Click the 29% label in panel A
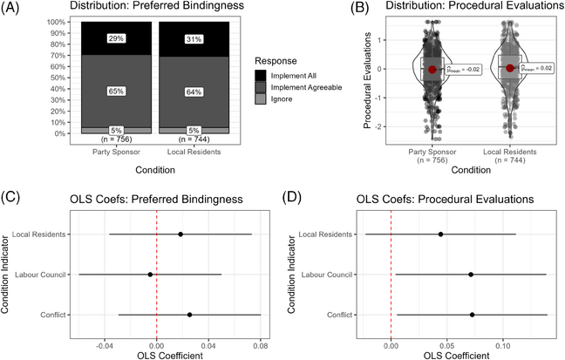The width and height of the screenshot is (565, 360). point(115,39)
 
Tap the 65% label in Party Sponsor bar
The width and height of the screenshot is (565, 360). point(115,90)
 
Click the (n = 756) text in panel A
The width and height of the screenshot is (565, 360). point(115,139)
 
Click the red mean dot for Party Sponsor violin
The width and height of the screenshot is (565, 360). point(432,70)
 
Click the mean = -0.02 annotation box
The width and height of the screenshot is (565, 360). point(462,71)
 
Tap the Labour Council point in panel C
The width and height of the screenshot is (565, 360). point(150,275)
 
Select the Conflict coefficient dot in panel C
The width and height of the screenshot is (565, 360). point(189,315)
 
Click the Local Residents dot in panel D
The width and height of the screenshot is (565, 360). point(441,234)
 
